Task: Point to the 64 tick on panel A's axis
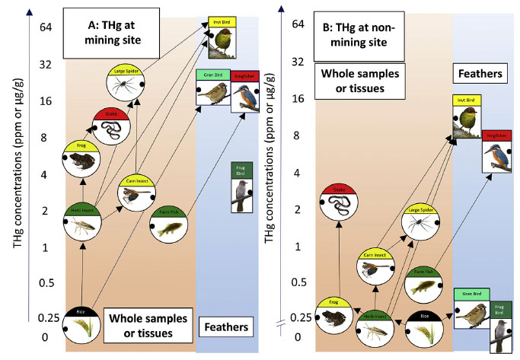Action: click(43, 26)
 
